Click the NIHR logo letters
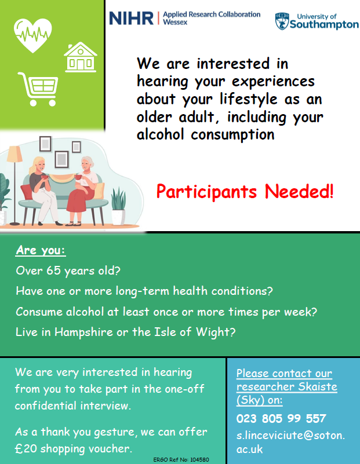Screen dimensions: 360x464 (131, 19)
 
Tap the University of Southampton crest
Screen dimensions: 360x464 (282, 21)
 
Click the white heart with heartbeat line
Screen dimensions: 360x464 (33, 35)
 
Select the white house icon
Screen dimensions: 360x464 (80, 57)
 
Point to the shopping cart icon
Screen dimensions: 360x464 (38, 89)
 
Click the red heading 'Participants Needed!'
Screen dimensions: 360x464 (245, 192)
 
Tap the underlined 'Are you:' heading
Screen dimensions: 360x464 (41, 250)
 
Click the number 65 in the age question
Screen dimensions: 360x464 (53, 271)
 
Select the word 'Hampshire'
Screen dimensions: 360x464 (84, 333)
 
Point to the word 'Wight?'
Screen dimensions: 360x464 (216, 333)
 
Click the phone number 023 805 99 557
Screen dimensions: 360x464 (281, 418)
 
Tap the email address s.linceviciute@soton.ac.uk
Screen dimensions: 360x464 (290, 442)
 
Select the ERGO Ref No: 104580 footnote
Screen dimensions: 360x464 (181, 459)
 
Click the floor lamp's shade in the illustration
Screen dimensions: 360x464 (15, 154)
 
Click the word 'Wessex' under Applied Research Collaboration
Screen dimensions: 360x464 (175, 22)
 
